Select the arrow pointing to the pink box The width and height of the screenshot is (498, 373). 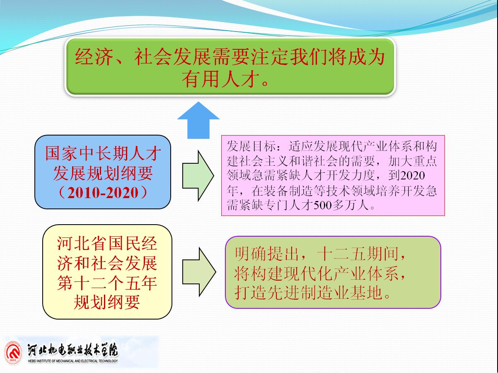coord(198,175)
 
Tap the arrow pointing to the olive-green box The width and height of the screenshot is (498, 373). coord(199,272)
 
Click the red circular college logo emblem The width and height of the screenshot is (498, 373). coord(13,353)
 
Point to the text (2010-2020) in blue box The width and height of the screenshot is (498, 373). coord(103,193)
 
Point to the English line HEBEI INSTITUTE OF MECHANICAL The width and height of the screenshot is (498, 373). coord(73,361)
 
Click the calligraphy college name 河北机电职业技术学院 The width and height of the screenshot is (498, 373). coord(73,350)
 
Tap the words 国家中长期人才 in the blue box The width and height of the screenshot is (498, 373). coord(103,153)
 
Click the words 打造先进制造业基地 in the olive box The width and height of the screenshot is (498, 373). coord(309,293)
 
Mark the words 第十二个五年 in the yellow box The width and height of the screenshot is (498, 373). coord(107,283)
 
